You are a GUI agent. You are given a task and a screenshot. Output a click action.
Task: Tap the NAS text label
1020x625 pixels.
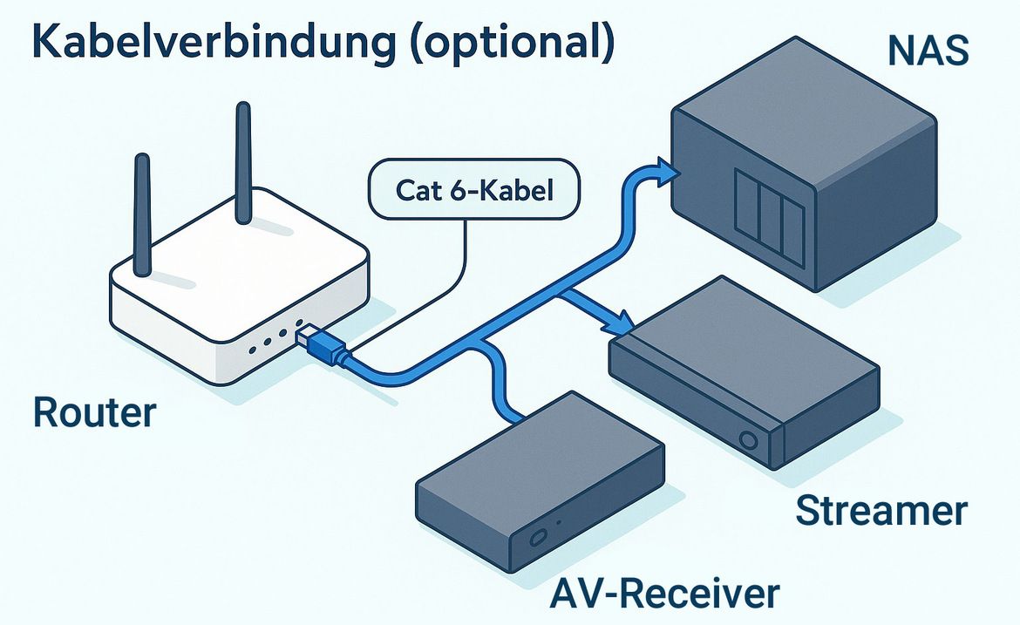click(928, 52)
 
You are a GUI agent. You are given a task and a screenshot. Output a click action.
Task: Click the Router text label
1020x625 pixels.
click(94, 411)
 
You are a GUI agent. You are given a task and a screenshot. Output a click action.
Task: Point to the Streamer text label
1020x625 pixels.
click(881, 512)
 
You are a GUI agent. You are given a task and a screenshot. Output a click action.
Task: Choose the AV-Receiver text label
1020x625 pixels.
click(665, 594)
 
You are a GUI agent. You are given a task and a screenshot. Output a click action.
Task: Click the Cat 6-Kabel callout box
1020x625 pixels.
click(474, 189)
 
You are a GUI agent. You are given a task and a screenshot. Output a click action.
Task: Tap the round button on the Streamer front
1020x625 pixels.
click(747, 439)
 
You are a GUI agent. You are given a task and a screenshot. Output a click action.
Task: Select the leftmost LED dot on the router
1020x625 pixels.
click(252, 350)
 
